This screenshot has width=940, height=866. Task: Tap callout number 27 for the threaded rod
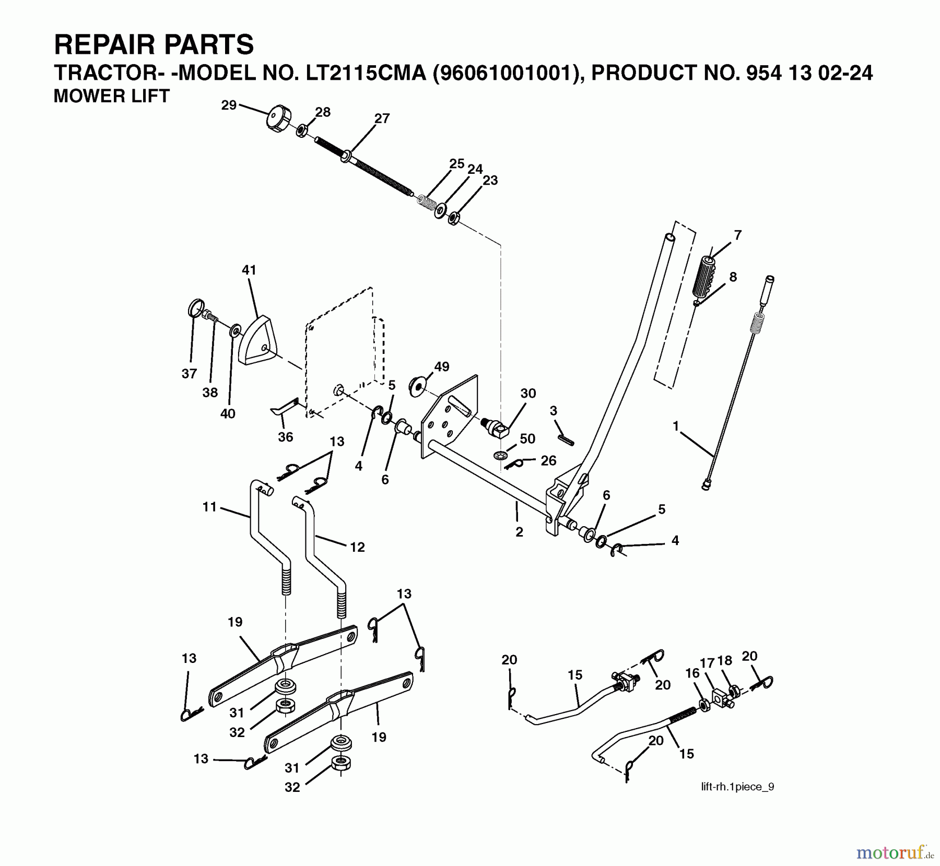point(382,118)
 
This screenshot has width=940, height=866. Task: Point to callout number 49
point(441,366)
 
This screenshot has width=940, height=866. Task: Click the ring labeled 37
point(195,309)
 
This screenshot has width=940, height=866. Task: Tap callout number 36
point(285,436)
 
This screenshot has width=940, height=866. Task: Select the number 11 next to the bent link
point(209,507)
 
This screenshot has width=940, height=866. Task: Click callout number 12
point(357,547)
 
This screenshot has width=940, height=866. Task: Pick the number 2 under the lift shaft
point(519,532)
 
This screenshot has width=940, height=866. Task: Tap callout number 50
point(527,438)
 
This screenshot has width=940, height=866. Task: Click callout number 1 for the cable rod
point(676,426)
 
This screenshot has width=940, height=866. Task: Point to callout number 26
point(548,460)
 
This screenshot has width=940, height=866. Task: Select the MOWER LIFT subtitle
point(112,96)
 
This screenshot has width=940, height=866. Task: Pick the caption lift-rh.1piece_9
point(737,787)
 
